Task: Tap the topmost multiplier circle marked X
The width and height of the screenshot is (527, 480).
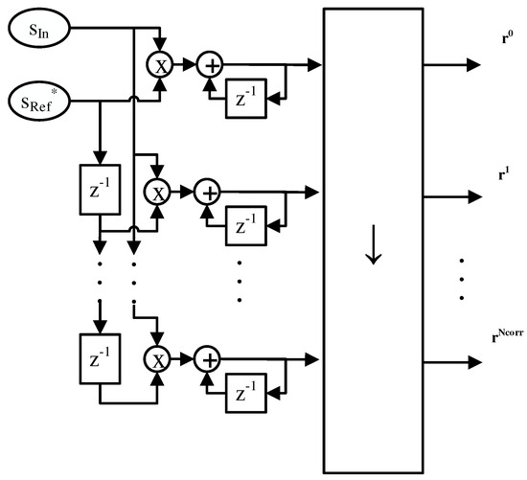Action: coord(156,65)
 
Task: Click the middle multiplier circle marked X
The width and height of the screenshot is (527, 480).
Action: coord(156,192)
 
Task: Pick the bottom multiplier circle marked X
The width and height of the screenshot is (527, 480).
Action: coord(156,359)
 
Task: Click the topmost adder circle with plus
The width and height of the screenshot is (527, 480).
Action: coord(208,65)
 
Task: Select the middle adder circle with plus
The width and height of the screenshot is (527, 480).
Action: coord(208,192)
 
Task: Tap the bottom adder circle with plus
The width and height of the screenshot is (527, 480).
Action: coord(208,359)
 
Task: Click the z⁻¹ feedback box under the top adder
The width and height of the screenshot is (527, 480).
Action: coord(241,99)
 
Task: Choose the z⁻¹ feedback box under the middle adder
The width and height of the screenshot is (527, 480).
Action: coord(241,227)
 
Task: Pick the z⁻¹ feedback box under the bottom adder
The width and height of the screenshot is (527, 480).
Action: coord(241,394)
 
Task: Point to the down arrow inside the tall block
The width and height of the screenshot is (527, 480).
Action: coord(374,244)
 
